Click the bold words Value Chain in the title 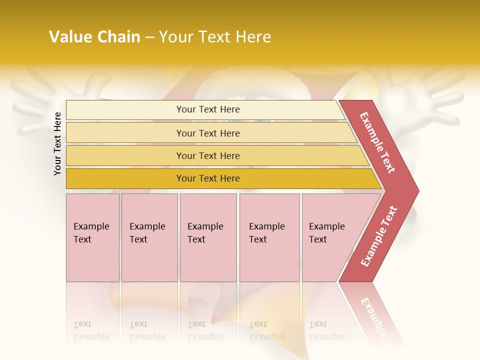(94, 37)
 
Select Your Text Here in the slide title (215, 37)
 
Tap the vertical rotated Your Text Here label (57, 143)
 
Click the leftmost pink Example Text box (92, 237)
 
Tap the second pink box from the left (149, 237)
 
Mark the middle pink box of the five (208, 237)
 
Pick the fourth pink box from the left (269, 237)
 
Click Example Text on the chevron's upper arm (378, 142)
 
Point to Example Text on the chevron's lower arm (379, 236)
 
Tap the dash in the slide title (149, 37)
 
